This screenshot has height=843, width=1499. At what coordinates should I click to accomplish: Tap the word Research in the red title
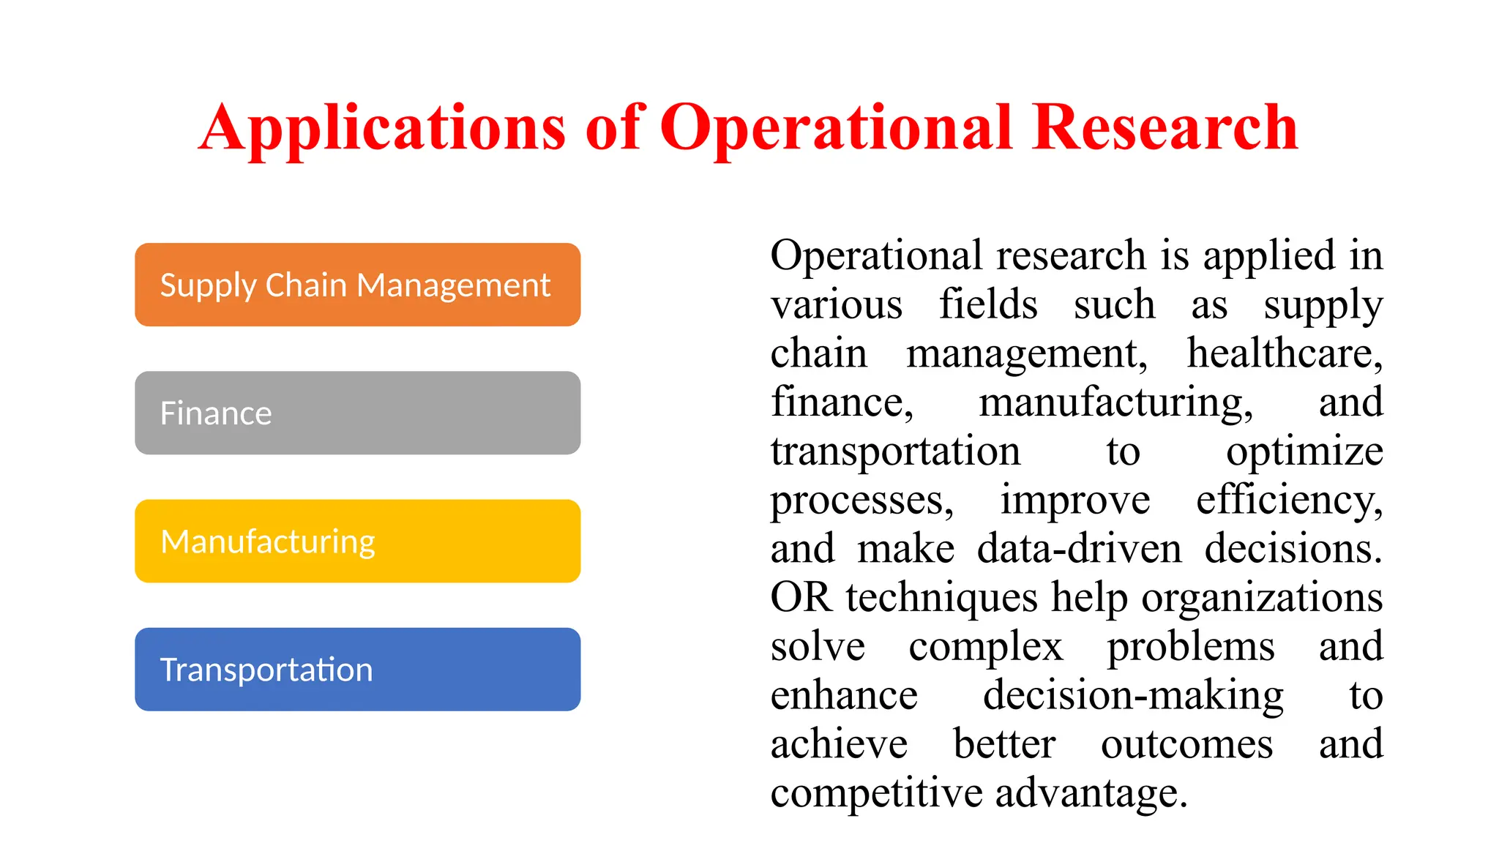(x=1165, y=127)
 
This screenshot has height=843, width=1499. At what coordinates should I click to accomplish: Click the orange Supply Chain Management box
(x=357, y=285)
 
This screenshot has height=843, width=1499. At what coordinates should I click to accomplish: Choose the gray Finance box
(x=357, y=413)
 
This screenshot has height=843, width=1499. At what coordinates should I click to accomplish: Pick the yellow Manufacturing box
(x=357, y=542)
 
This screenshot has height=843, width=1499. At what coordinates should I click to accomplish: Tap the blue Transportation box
(x=357, y=670)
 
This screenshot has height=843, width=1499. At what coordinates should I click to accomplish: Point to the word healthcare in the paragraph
(x=1284, y=353)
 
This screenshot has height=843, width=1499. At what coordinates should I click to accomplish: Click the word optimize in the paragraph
(x=1304, y=452)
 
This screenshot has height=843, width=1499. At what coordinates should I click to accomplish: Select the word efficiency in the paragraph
(x=1289, y=501)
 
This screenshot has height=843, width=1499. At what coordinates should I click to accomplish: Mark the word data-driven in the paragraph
(x=1079, y=549)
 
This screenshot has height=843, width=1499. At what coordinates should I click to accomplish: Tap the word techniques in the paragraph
(x=941, y=598)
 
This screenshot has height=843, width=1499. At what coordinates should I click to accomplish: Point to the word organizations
(x=1262, y=598)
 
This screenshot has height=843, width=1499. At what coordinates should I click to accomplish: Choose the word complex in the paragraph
(x=985, y=647)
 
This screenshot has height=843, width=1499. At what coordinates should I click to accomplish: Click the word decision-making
(x=1133, y=696)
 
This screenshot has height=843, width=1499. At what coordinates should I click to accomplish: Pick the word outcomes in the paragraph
(x=1186, y=744)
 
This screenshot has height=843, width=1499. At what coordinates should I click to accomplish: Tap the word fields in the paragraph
(x=988, y=304)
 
